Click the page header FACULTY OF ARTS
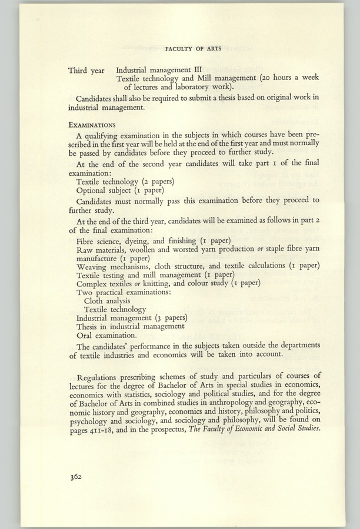(x=193, y=49)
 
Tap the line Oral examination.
(x=107, y=335)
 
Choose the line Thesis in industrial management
(x=131, y=326)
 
